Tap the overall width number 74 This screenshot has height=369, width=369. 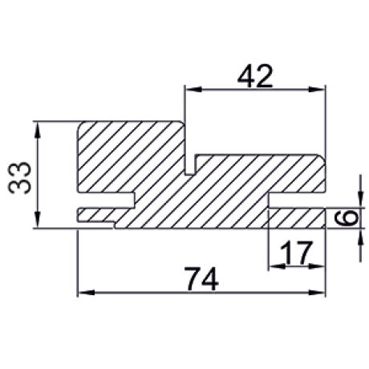(202, 278)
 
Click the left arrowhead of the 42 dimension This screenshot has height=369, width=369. (190, 90)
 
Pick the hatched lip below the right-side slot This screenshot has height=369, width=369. (297, 217)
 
